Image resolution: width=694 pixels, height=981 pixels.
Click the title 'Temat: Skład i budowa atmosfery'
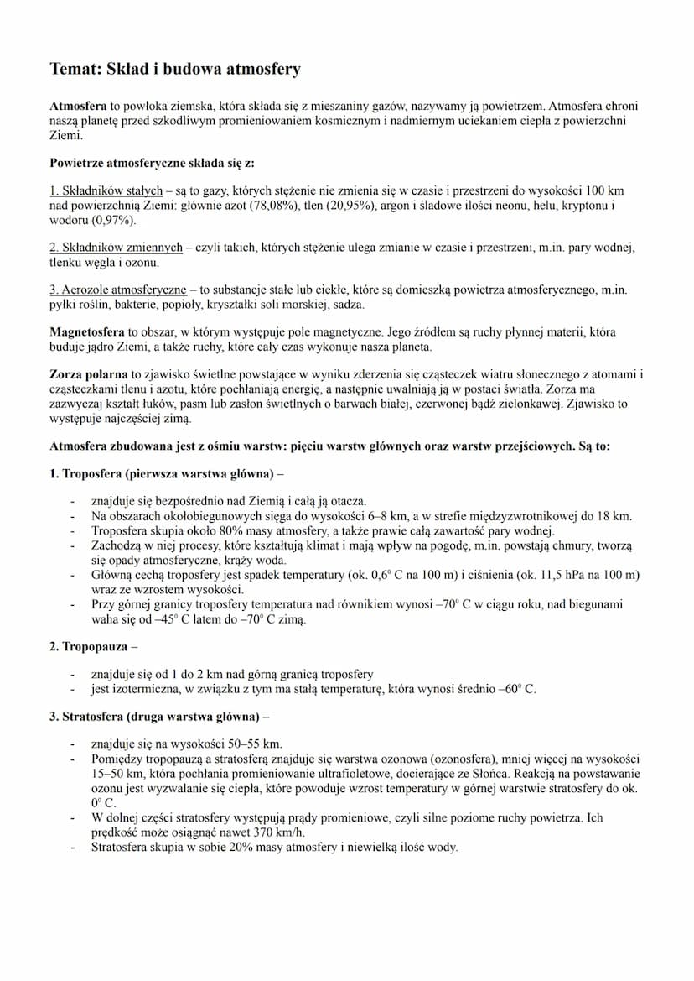(x=174, y=70)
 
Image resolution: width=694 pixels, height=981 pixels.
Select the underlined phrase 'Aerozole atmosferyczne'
(x=118, y=290)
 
